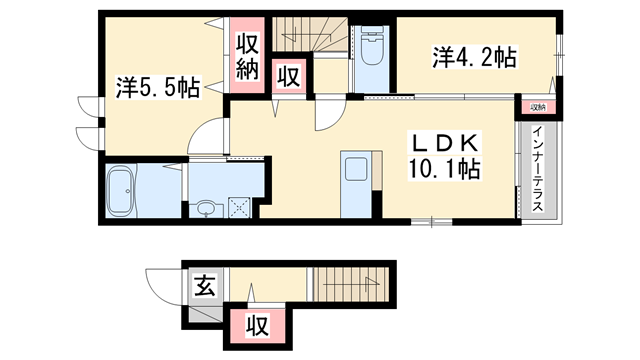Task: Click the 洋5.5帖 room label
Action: [157, 88]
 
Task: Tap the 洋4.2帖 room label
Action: [474, 57]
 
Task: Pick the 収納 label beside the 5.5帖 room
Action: [248, 55]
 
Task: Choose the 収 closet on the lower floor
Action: [256, 326]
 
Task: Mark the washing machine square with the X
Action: [241, 206]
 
